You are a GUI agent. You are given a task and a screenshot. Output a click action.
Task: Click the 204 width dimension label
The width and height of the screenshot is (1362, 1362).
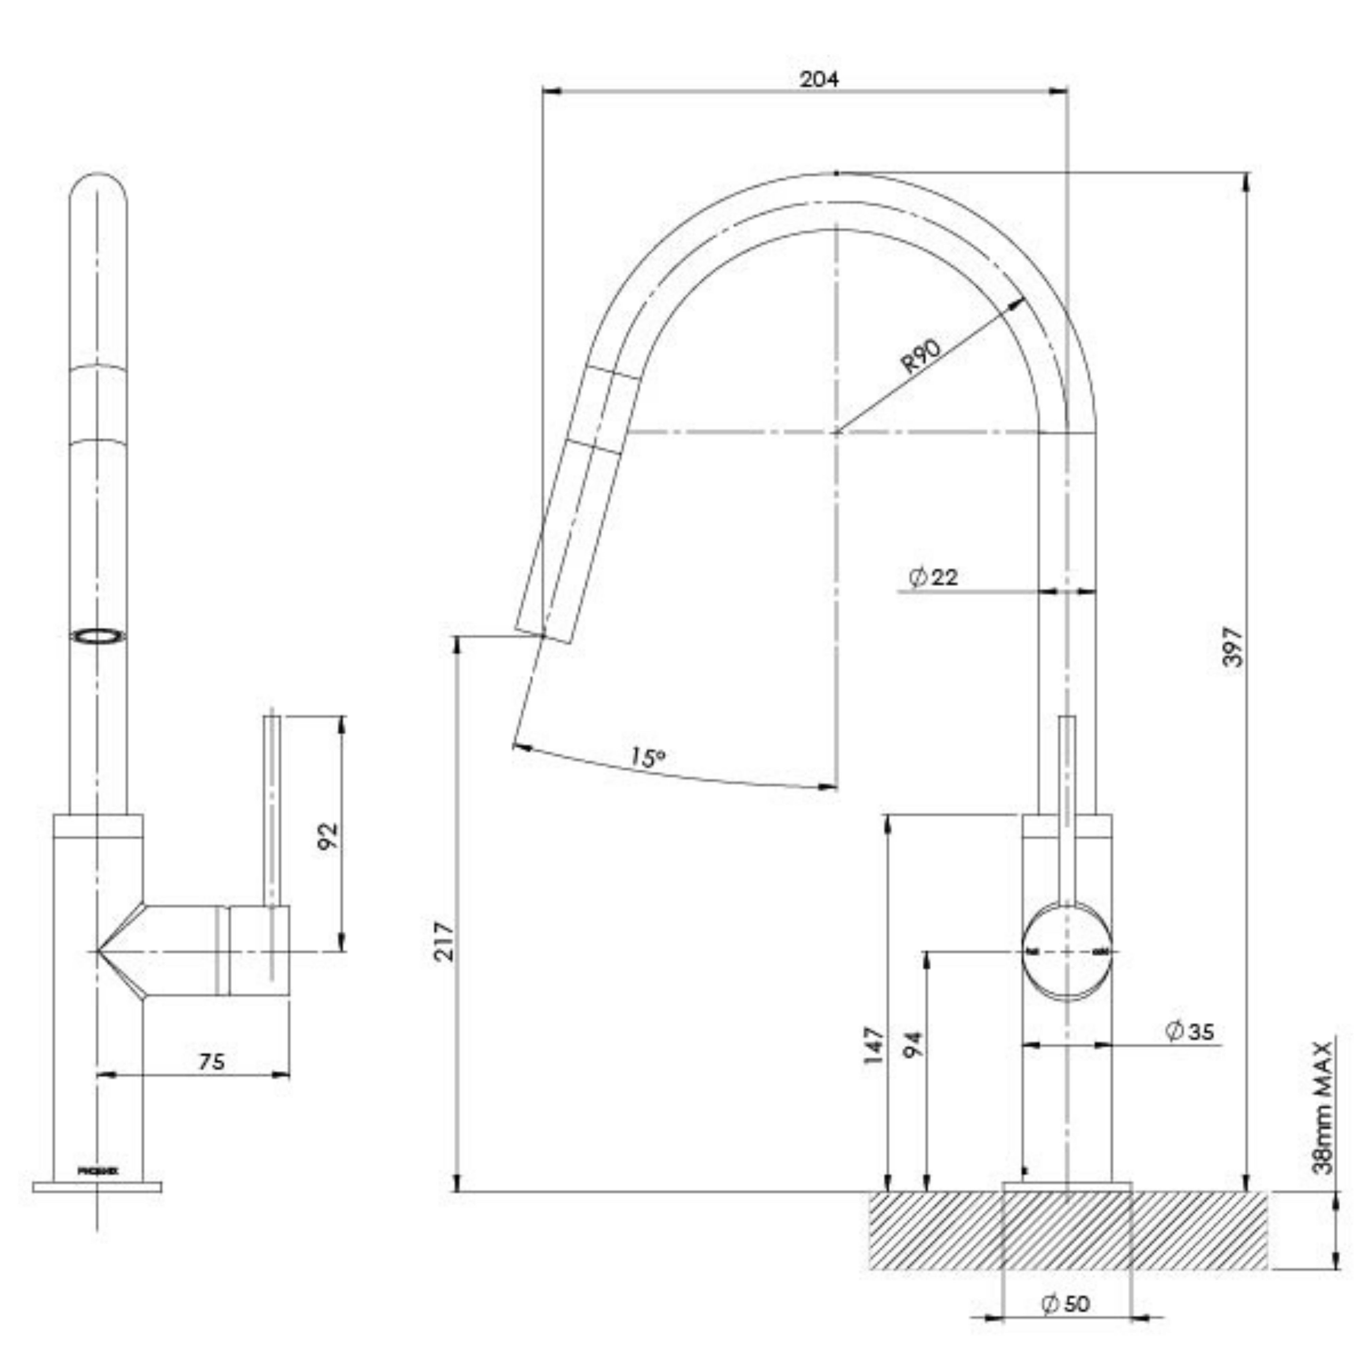819,80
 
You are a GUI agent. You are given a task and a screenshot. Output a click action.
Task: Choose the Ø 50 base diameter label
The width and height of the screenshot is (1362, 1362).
1066,1303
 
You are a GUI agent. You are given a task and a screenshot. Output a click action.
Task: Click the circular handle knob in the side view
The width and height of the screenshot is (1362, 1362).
1067,952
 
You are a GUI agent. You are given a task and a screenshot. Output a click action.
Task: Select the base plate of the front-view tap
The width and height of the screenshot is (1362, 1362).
97,1187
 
